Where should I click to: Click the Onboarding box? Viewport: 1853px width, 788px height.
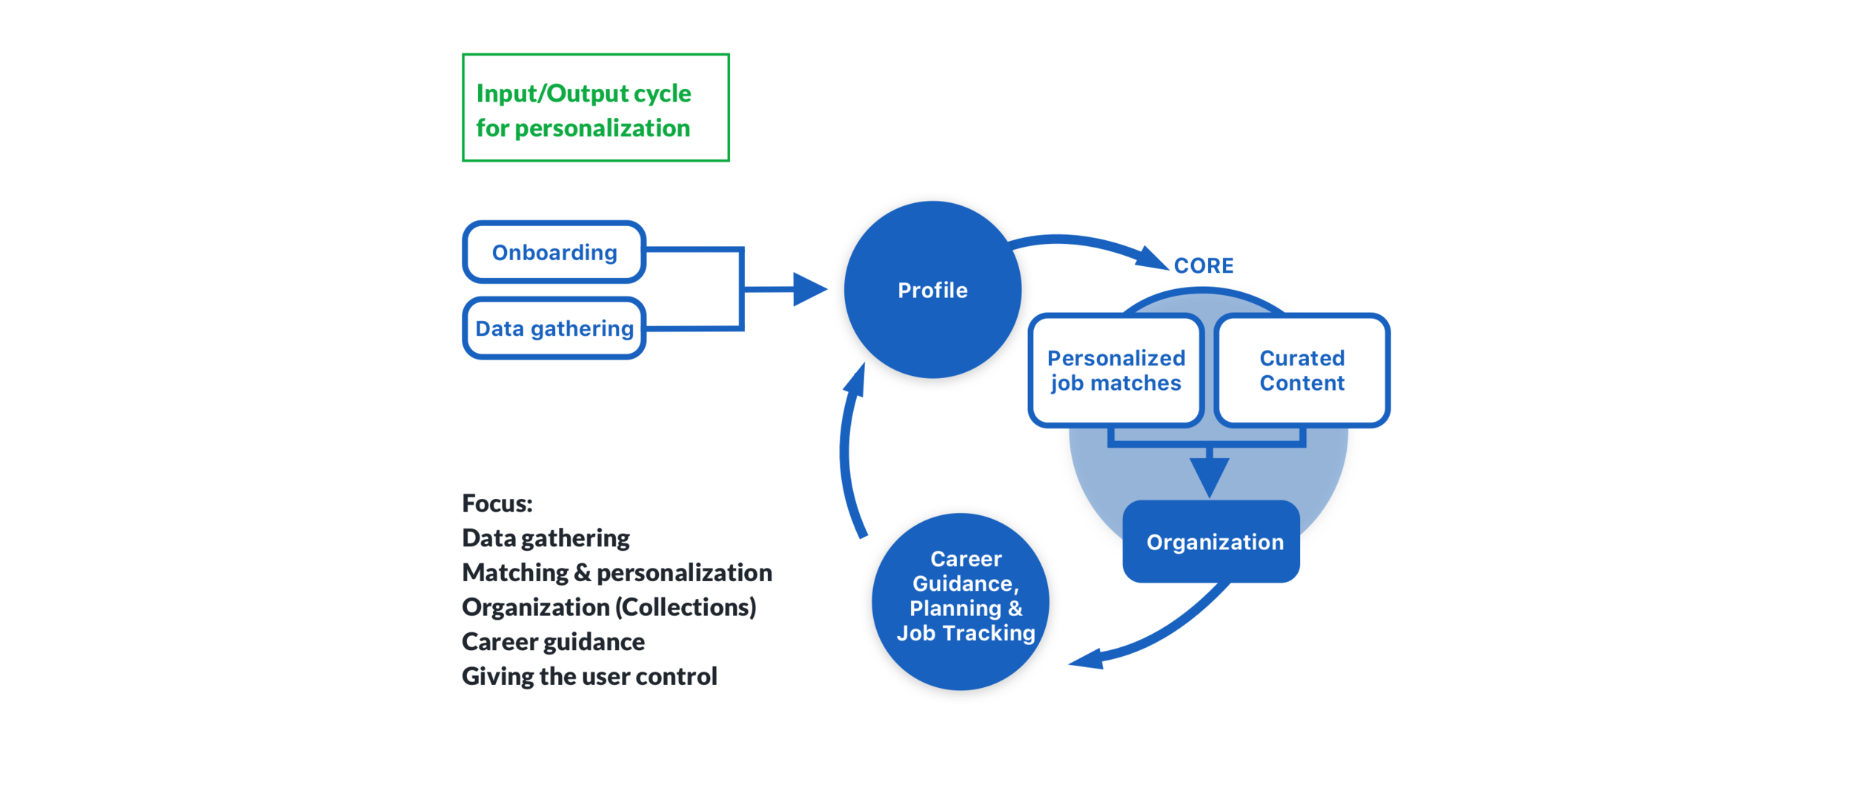pyautogui.click(x=554, y=252)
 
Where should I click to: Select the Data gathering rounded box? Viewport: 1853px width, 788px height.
pyautogui.click(x=554, y=328)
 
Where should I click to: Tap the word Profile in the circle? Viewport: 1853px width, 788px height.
pyautogui.click(x=932, y=290)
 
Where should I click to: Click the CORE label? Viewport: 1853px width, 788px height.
pyautogui.click(x=1204, y=265)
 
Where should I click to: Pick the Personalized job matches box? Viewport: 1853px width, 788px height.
pyautogui.click(x=1116, y=370)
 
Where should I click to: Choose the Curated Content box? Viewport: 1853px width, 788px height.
pyautogui.click(x=1302, y=370)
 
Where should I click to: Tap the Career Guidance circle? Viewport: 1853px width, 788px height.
pyautogui.click(x=961, y=601)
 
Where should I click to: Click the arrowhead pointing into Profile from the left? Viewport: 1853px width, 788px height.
pyautogui.click(x=809, y=289)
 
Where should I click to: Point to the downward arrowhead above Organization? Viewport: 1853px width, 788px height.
pyautogui.click(x=1209, y=476)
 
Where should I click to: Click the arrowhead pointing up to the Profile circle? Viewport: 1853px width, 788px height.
pyautogui.click(x=856, y=380)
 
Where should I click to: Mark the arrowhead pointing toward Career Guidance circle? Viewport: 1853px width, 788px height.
pyautogui.click(x=1087, y=659)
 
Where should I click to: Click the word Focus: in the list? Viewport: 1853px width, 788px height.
pyautogui.click(x=497, y=503)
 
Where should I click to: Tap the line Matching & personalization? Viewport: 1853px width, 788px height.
pyautogui.click(x=617, y=572)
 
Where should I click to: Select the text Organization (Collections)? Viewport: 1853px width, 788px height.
pyautogui.click(x=609, y=607)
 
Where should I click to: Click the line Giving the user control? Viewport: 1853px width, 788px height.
pyautogui.click(x=589, y=676)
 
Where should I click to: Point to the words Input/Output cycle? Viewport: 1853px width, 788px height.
pyautogui.click(x=583, y=93)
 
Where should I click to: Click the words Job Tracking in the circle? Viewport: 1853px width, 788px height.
pyautogui.click(x=965, y=633)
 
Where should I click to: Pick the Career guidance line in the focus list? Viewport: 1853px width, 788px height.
pyautogui.click(x=553, y=641)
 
